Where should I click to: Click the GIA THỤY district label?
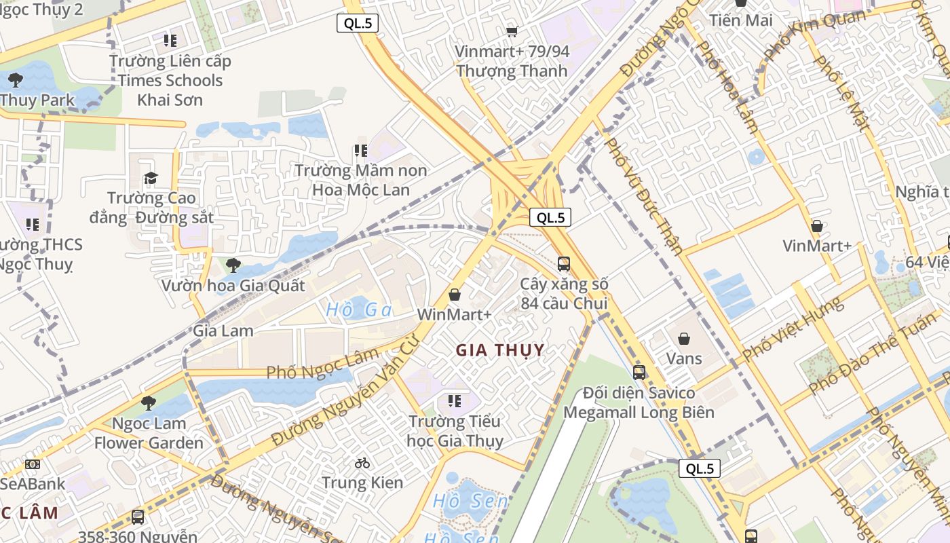pyautogui.click(x=500, y=350)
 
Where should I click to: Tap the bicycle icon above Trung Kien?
pyautogui.click(x=362, y=463)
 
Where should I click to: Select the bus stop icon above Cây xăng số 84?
pyautogui.click(x=563, y=263)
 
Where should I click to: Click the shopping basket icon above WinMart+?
pyautogui.click(x=455, y=295)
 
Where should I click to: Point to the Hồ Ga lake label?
pyautogui.click(x=359, y=310)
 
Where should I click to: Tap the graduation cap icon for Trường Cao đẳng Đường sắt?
pyautogui.click(x=151, y=178)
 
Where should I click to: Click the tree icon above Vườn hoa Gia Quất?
pyautogui.click(x=233, y=265)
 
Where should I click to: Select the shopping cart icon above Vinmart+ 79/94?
pyautogui.click(x=512, y=31)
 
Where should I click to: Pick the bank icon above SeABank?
pyautogui.click(x=32, y=464)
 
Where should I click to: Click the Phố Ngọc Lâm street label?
pyautogui.click(x=322, y=365)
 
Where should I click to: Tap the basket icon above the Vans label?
pyautogui.click(x=684, y=338)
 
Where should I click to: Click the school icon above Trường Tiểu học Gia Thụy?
pyautogui.click(x=454, y=400)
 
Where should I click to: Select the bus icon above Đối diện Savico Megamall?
pyautogui.click(x=639, y=372)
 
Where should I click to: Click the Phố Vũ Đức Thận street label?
pyautogui.click(x=643, y=196)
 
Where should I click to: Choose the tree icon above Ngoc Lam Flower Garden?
pyautogui.click(x=148, y=403)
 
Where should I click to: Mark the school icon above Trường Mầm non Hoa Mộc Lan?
pyautogui.click(x=360, y=150)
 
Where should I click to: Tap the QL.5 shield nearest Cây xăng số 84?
pyautogui.click(x=550, y=217)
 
